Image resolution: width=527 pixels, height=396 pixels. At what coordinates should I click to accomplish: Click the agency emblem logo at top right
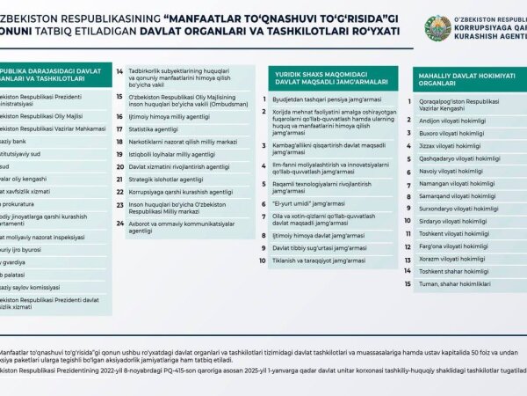[x=437, y=28]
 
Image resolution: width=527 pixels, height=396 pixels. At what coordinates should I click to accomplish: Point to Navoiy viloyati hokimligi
[x=448, y=171]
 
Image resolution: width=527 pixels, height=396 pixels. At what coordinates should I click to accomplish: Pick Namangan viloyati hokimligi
[x=452, y=183]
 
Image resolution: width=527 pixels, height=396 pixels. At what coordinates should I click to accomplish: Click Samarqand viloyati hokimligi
[x=453, y=196]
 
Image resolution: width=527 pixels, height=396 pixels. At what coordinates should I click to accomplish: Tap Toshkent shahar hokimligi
[x=453, y=271]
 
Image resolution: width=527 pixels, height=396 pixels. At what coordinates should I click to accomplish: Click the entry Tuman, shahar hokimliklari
[x=453, y=284]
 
